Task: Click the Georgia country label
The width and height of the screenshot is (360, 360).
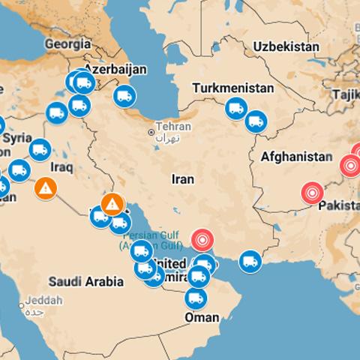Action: pyautogui.click(x=67, y=43)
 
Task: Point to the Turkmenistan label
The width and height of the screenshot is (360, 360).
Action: pyautogui.click(x=232, y=88)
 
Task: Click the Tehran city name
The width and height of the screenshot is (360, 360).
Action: pyautogui.click(x=170, y=127)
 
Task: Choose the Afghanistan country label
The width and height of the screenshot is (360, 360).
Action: pyautogui.click(x=295, y=157)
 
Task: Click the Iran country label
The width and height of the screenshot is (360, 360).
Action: pyautogui.click(x=183, y=179)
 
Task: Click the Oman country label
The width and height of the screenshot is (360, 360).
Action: pyautogui.click(x=202, y=318)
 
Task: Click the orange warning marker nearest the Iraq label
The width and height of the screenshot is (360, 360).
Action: pyautogui.click(x=46, y=188)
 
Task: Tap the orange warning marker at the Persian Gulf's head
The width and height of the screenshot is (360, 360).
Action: pyautogui.click(x=112, y=202)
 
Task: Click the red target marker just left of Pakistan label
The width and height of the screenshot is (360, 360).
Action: pyautogui.click(x=312, y=193)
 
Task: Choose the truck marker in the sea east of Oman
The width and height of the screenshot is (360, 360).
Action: pyautogui.click(x=250, y=262)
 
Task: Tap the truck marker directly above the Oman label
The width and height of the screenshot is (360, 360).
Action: pyautogui.click(x=196, y=298)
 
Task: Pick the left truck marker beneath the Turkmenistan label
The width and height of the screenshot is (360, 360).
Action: pyautogui.click(x=236, y=108)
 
